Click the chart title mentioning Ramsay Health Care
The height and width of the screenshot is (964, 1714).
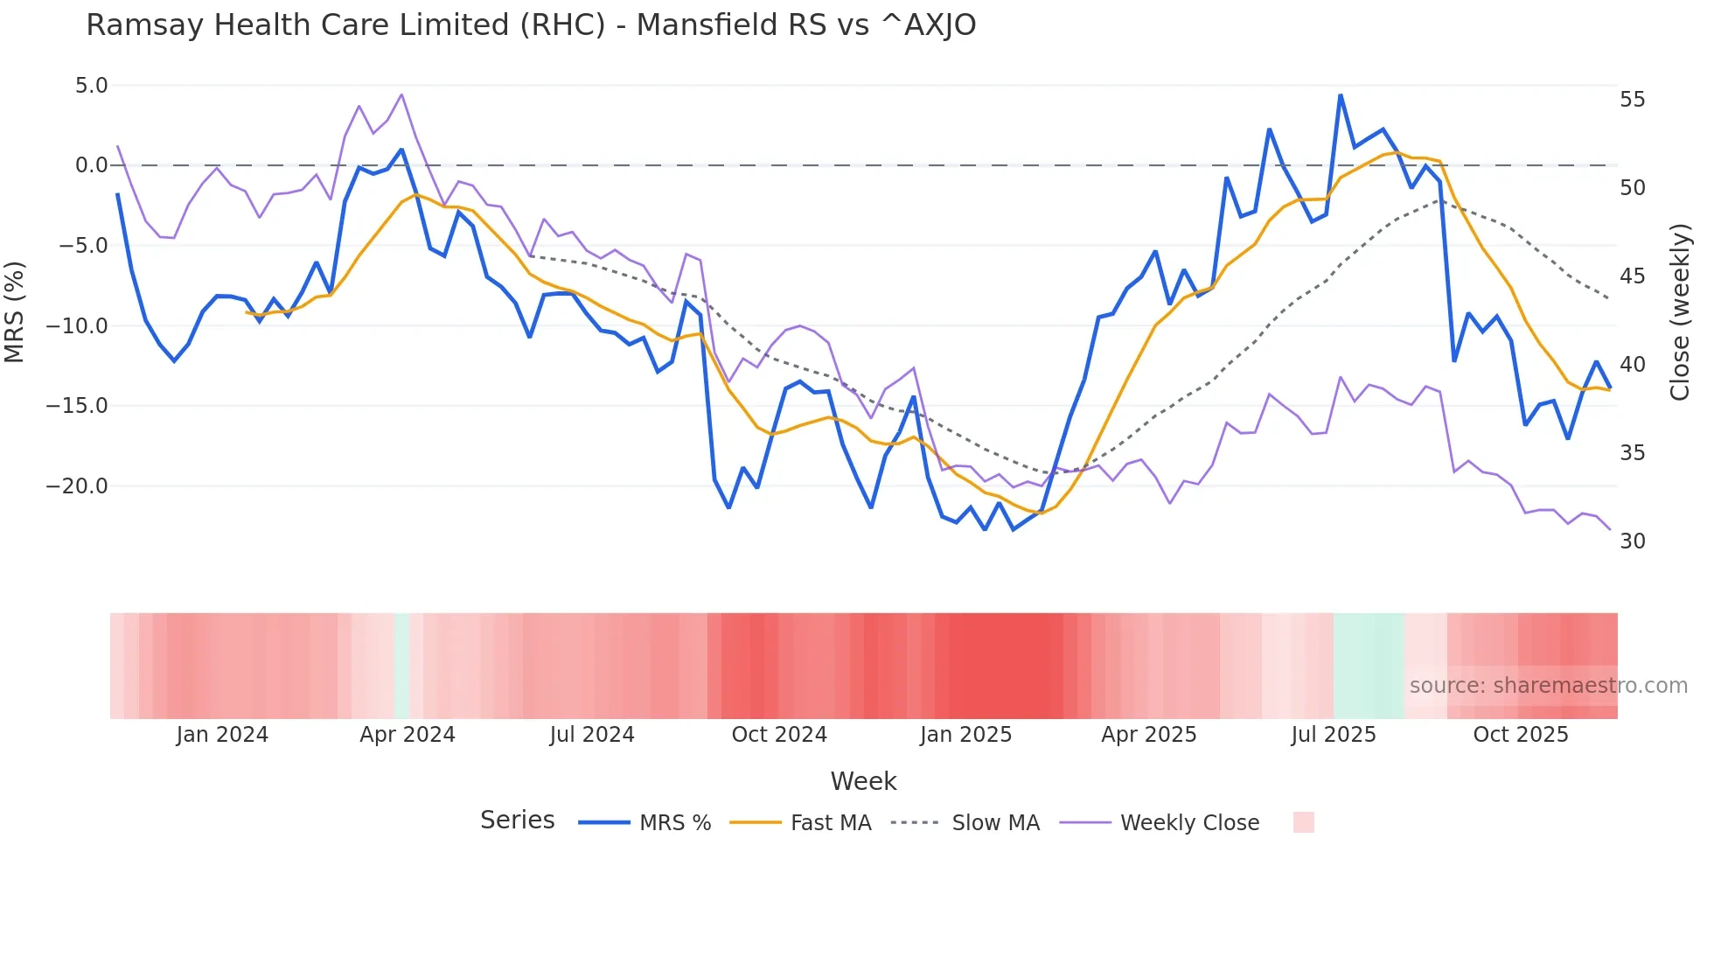pyautogui.click(x=531, y=25)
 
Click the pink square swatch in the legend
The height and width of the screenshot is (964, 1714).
pyautogui.click(x=1303, y=822)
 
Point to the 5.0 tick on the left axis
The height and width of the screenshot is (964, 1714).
pyautogui.click(x=91, y=86)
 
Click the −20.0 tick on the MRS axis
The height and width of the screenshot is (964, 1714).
pyautogui.click(x=77, y=486)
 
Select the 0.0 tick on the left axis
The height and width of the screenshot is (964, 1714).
pyautogui.click(x=91, y=165)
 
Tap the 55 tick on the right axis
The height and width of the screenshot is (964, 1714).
pyautogui.click(x=1632, y=100)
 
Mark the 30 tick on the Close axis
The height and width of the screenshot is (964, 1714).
pyautogui.click(x=1632, y=541)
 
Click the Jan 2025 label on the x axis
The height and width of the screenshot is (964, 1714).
pyautogui.click(x=965, y=735)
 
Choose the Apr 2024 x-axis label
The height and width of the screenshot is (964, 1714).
pyautogui.click(x=408, y=735)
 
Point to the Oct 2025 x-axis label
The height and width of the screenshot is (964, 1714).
pyautogui.click(x=1521, y=735)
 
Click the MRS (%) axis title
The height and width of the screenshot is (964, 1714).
pyautogui.click(x=15, y=311)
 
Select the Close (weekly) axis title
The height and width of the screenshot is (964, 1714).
pyautogui.click(x=1680, y=312)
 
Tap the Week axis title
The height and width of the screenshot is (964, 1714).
pyautogui.click(x=863, y=781)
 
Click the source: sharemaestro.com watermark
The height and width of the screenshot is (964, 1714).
pyautogui.click(x=1548, y=686)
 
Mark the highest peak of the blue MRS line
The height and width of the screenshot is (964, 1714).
pyautogui.click(x=1340, y=95)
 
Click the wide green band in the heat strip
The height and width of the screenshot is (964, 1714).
pyautogui.click(x=1369, y=666)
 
